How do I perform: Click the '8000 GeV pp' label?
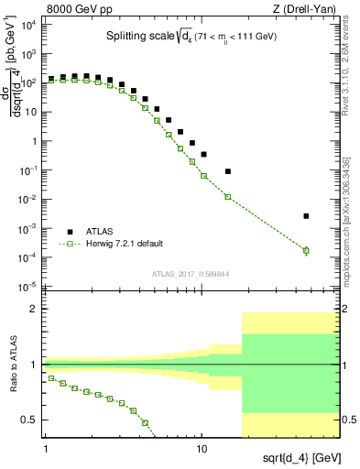pos(72,7)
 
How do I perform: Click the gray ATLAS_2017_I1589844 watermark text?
pos(191,273)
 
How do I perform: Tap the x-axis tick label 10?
pos(202,449)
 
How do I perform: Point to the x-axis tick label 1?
pos(45,449)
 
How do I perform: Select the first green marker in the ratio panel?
pos(52,377)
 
